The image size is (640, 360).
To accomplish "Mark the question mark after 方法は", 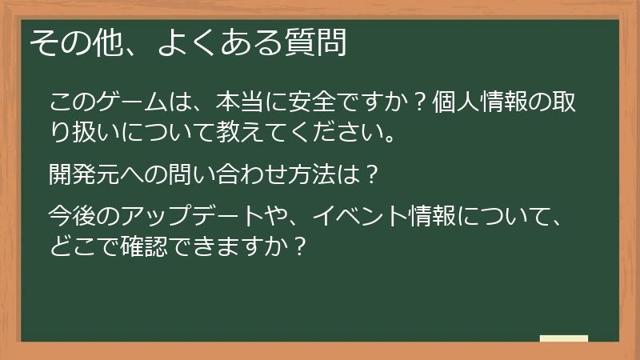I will tap(370, 172).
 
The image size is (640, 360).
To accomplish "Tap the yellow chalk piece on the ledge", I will tap(563, 338).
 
